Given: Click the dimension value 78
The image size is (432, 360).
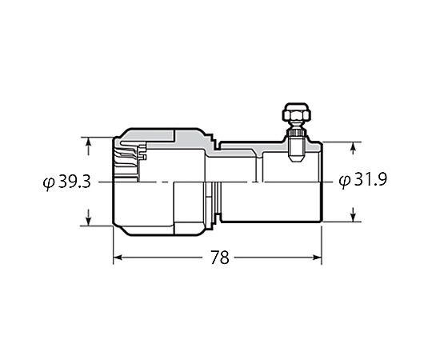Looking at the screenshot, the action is (220, 258).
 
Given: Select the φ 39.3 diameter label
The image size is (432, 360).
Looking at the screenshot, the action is (67, 182).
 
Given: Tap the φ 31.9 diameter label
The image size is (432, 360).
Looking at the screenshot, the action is (363, 179).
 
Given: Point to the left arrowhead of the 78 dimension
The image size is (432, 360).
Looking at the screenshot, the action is (118, 258).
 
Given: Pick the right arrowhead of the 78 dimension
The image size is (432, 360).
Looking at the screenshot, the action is (318, 258).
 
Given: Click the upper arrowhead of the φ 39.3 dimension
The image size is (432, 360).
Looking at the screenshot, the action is (88, 142).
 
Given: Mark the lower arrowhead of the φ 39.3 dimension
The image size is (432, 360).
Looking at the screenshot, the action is (88, 221).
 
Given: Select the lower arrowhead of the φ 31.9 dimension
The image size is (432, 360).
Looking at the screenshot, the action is (354, 218).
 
